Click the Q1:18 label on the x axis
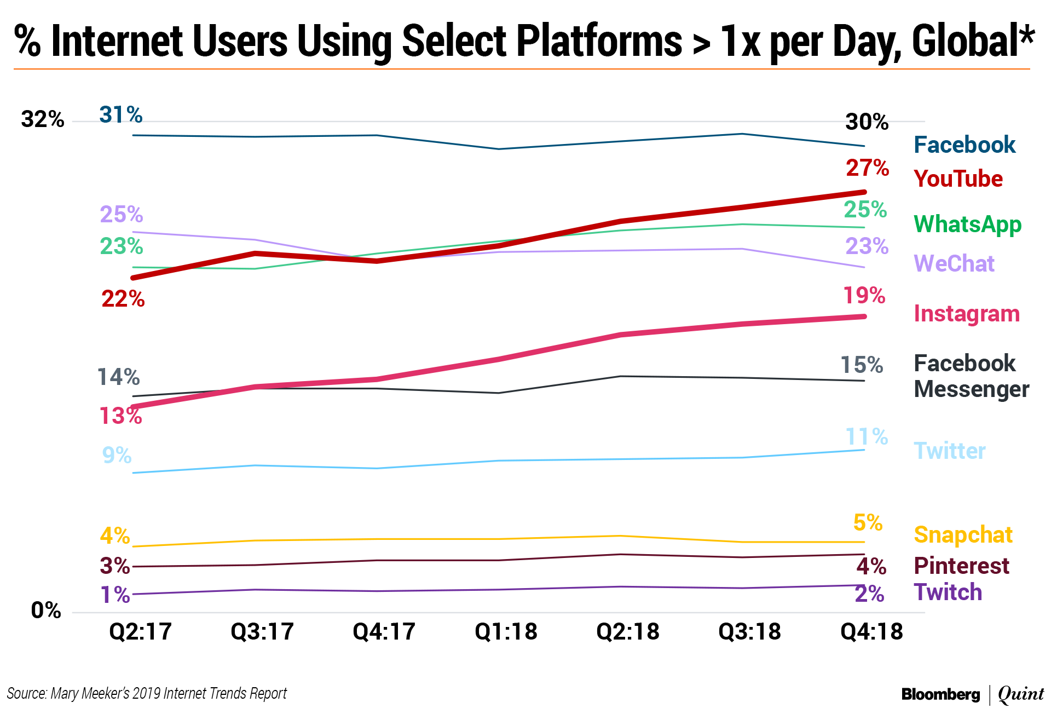click(x=506, y=631)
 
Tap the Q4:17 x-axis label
click(x=384, y=631)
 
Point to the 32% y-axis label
click(x=42, y=119)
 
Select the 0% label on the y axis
click(x=46, y=610)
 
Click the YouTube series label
click(x=958, y=179)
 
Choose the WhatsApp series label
click(x=967, y=225)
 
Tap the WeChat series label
click(x=954, y=264)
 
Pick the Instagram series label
click(x=967, y=314)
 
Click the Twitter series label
click(x=950, y=451)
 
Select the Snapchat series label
click(x=963, y=535)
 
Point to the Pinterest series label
click(x=961, y=566)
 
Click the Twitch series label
click(x=948, y=592)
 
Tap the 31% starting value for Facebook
click(x=120, y=115)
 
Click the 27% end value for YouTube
click(x=867, y=168)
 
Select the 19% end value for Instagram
click(x=864, y=296)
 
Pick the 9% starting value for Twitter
click(x=117, y=455)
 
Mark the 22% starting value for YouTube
click(x=123, y=299)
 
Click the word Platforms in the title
click(x=599, y=41)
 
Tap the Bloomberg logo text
click(x=940, y=694)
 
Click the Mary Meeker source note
click(x=147, y=693)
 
